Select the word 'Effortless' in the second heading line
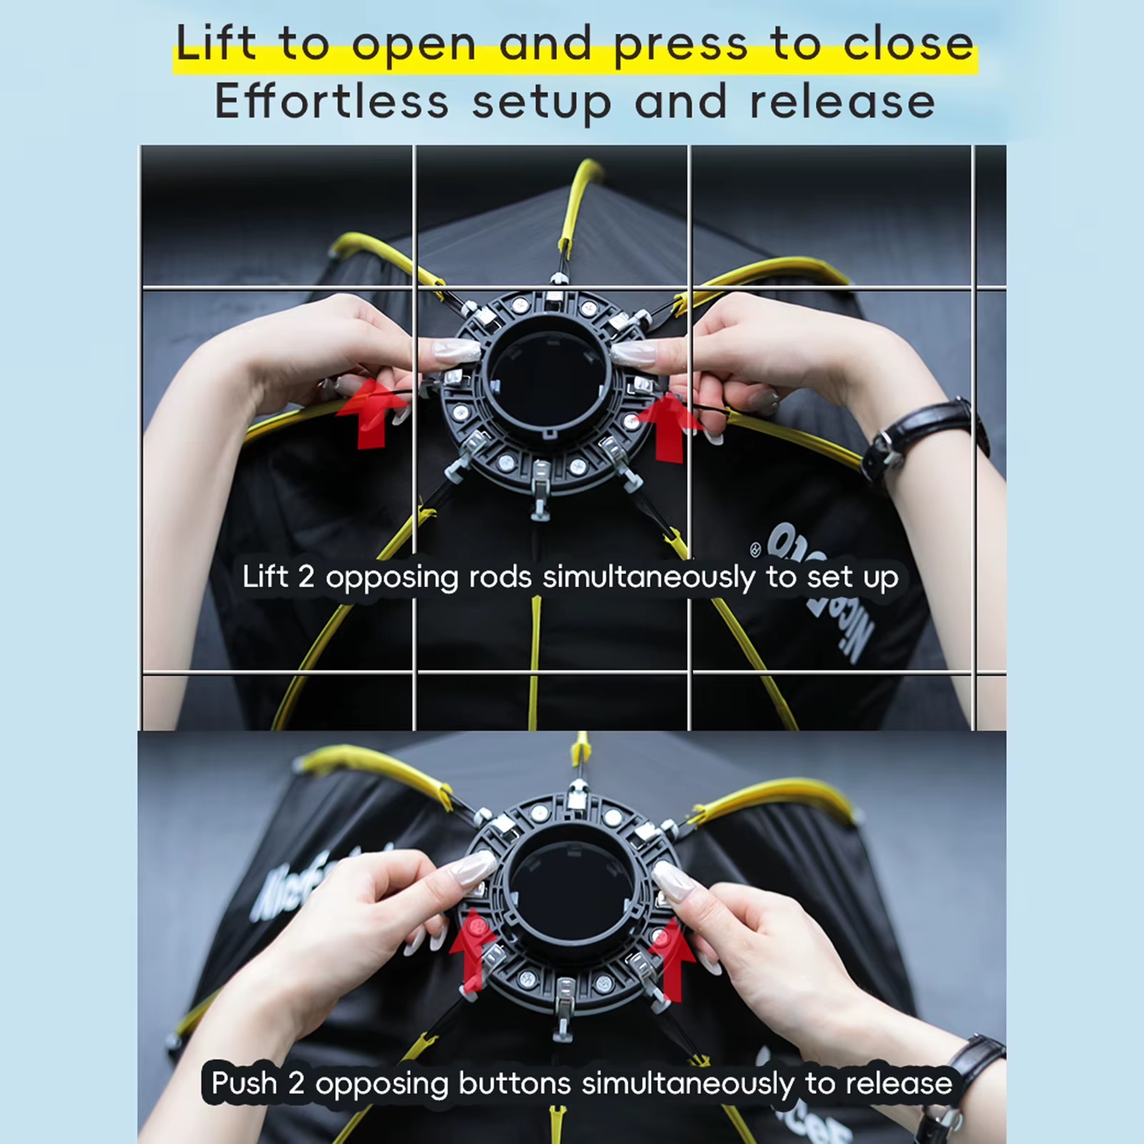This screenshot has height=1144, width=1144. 332,102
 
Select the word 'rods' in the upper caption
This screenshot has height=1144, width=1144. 499,577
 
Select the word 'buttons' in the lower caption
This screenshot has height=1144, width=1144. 514,1084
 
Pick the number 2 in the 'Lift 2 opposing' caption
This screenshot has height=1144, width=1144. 306,577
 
